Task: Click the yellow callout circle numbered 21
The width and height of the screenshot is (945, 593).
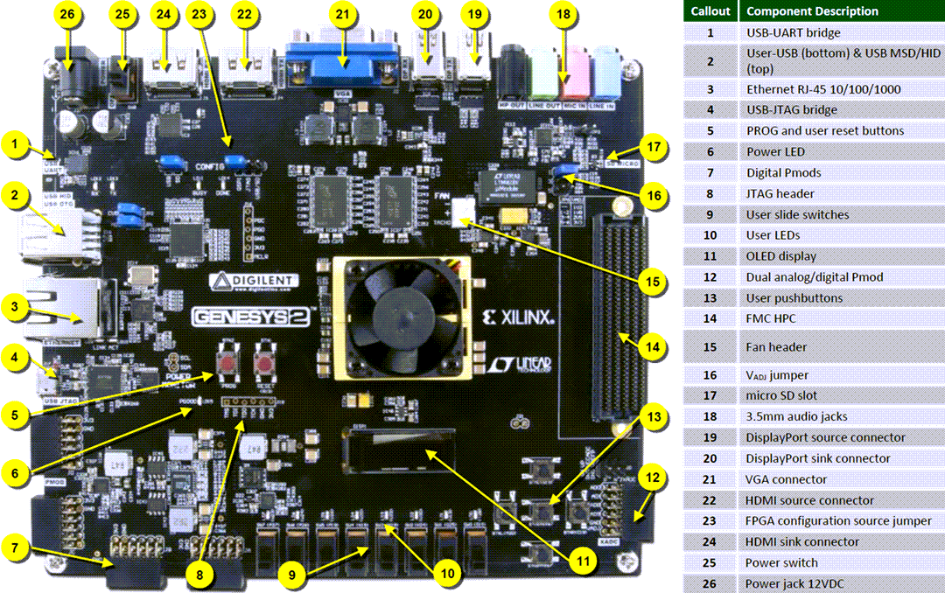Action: (341, 15)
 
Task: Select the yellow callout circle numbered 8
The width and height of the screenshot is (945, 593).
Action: (200, 574)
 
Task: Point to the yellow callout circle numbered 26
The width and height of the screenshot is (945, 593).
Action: (67, 15)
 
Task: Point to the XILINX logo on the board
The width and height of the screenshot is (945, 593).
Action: (521, 317)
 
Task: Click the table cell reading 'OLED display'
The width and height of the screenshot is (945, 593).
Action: (780, 256)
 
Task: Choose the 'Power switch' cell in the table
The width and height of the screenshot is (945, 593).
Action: (781, 562)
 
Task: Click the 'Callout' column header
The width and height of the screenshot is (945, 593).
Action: (710, 11)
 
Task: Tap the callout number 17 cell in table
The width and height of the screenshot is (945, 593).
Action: (710, 395)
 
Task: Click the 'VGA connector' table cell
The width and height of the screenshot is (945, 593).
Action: (786, 479)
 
